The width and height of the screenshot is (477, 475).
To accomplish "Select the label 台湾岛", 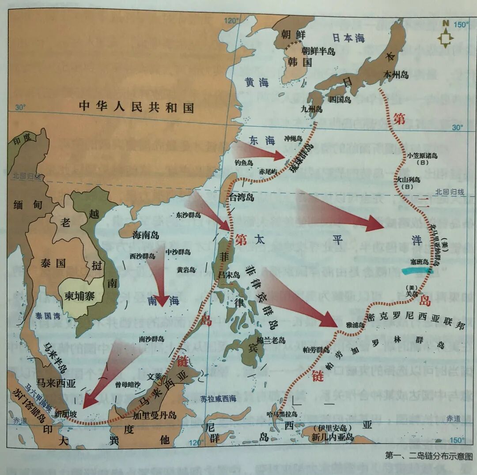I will click(241, 198).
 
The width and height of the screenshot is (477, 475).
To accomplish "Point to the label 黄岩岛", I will click(186, 269).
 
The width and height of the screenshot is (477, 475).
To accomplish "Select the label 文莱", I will click(155, 378).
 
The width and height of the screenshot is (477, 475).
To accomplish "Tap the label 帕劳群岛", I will click(316, 350).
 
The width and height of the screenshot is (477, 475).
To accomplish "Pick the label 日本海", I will click(348, 38).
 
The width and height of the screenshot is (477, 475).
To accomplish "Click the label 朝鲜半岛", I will click(318, 51).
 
